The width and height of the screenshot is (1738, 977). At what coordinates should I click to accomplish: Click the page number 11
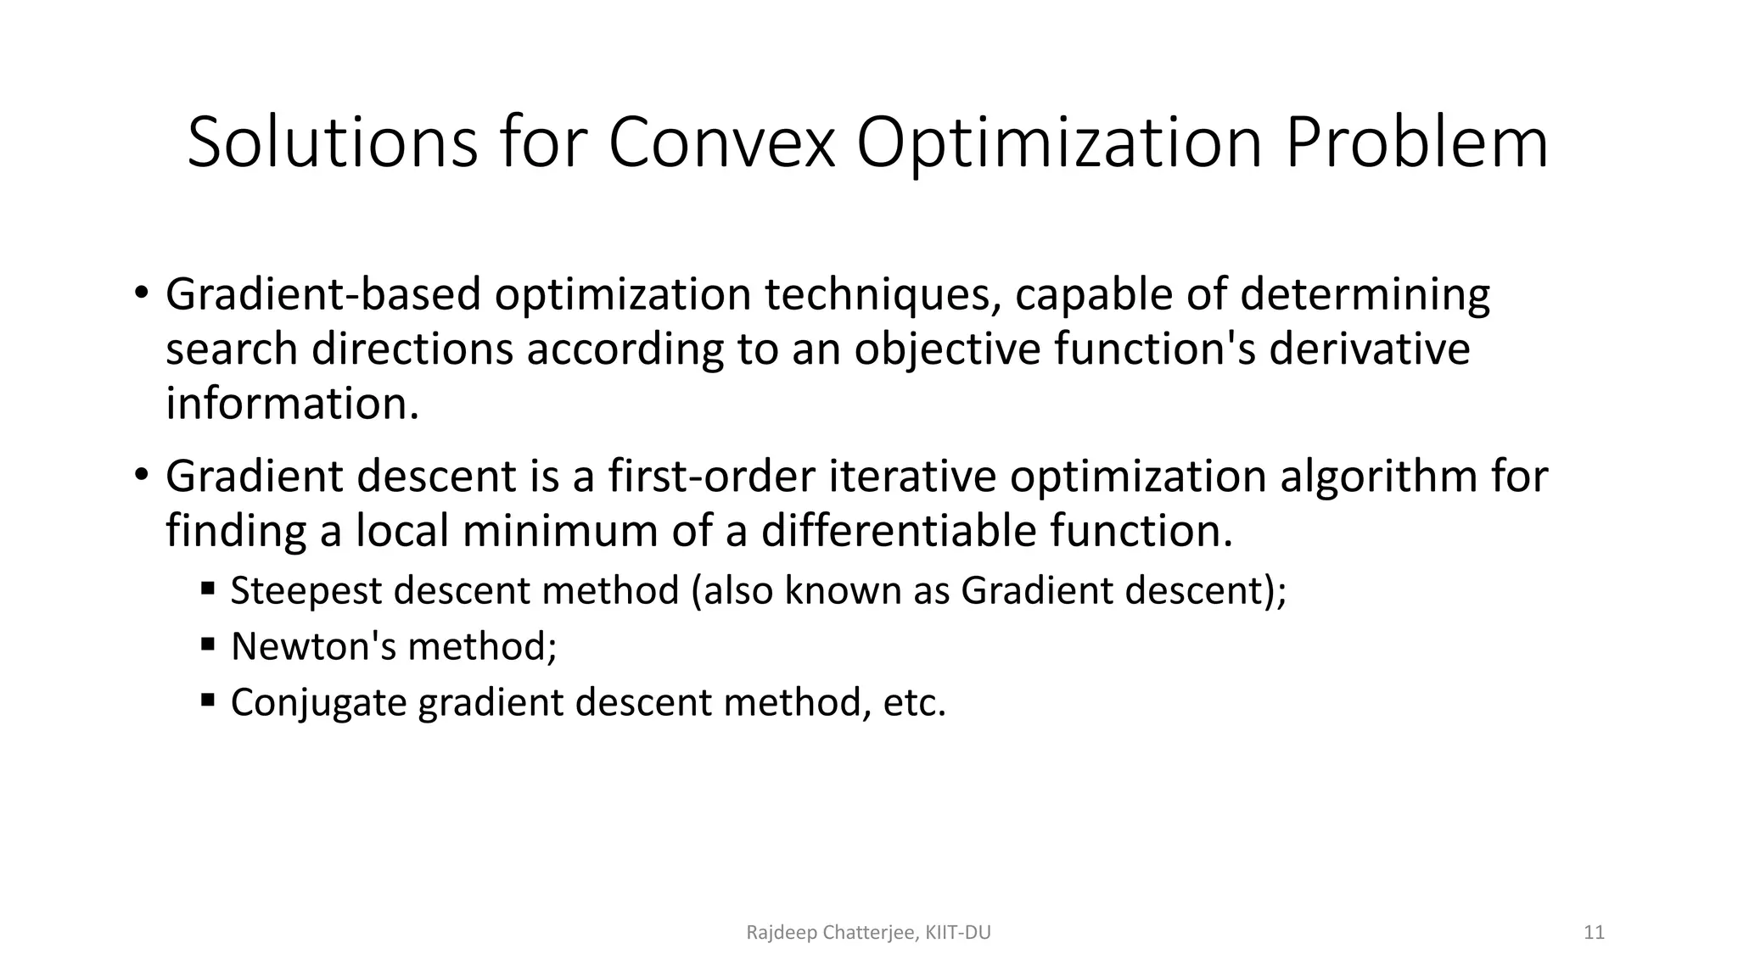(x=1594, y=933)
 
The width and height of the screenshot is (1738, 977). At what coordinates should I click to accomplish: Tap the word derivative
(x=1369, y=349)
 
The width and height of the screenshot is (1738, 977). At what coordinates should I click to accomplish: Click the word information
(x=291, y=403)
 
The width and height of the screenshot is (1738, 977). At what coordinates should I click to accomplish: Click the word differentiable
(x=898, y=531)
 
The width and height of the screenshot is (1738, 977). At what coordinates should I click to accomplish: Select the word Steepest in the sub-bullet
(x=306, y=590)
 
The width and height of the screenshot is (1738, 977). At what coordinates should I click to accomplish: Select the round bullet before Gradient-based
(x=140, y=294)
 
